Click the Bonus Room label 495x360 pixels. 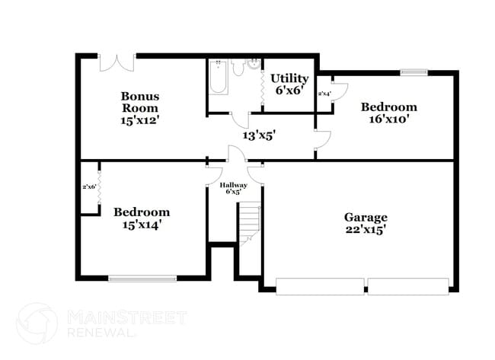[x=140, y=102]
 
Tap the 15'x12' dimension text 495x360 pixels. [x=140, y=119]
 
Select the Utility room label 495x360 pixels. [x=289, y=78]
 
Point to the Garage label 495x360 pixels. [x=366, y=217]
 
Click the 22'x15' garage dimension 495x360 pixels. [x=366, y=230]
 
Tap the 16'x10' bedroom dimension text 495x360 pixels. [x=388, y=119]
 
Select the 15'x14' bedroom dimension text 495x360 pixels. [x=141, y=225]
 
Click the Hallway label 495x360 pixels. [x=233, y=185]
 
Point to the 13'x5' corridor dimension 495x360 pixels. [x=259, y=135]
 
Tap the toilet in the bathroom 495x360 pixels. [x=238, y=69]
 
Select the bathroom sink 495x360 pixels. [x=254, y=65]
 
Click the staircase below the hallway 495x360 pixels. [x=249, y=224]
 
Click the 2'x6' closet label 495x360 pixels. [x=89, y=186]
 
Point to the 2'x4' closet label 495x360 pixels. [x=324, y=94]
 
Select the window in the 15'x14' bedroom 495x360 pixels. [x=143, y=279]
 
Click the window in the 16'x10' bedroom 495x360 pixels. [x=414, y=73]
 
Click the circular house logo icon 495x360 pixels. [x=37, y=323]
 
